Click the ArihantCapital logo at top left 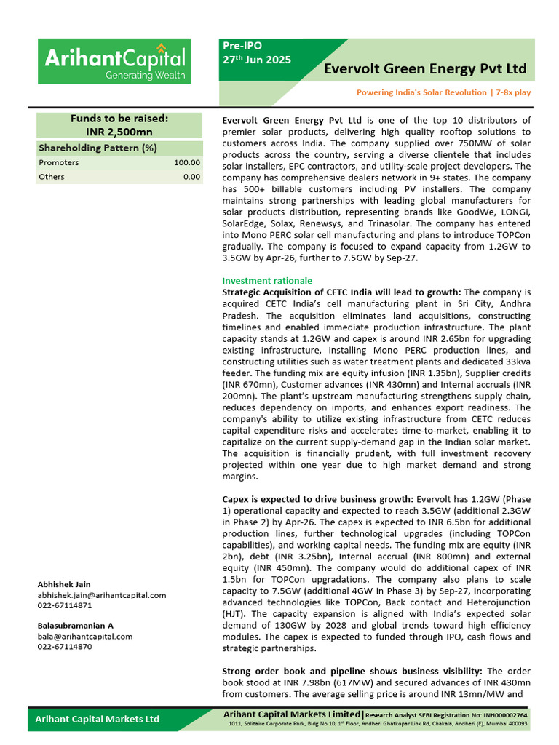pos(114,62)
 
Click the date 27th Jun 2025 pos(257,60)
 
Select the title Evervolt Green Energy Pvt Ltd pos(425,69)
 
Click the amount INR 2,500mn pos(119,132)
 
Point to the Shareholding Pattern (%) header pos(98,148)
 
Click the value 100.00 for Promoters pos(186,163)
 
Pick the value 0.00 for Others pos(191,177)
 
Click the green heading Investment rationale pos(267,280)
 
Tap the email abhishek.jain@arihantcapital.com pos(102,595)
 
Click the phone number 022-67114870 pos(65,646)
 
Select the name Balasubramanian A pos(76,626)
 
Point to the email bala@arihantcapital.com pos(85,636)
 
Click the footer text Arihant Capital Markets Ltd pos(98,719)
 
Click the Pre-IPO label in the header pos(241,45)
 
